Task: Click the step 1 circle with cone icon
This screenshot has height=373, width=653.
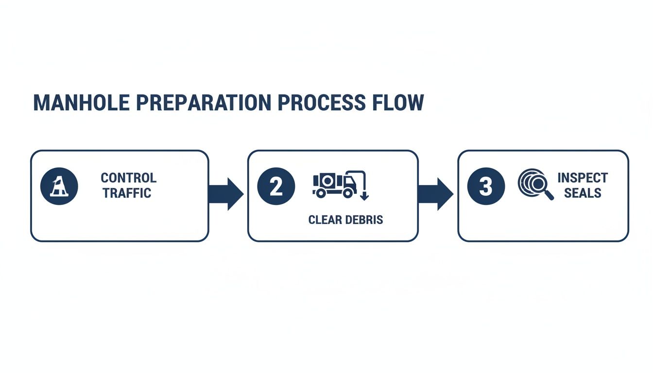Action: [x=59, y=186]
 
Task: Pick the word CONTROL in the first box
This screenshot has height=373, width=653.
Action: [x=128, y=178]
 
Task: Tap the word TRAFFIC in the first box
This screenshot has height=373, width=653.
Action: [x=127, y=193]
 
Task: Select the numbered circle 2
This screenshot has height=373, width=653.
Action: [x=276, y=186]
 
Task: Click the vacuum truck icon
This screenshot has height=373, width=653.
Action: [x=335, y=185]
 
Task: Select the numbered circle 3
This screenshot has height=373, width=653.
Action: [x=486, y=186]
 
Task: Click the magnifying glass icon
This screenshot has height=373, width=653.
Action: [x=535, y=184]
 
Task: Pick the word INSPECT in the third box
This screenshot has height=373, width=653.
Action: [x=583, y=178]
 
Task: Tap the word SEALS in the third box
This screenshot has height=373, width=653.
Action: [x=583, y=193]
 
